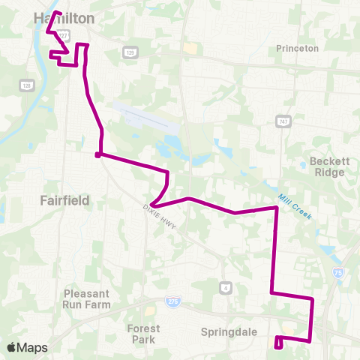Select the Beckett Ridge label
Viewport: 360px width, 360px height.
coord(328,166)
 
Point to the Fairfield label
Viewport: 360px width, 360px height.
coord(64,200)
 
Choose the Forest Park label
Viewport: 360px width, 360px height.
coord(143,334)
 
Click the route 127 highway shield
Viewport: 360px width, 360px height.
coord(64,34)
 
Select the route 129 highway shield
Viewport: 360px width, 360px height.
coord(130,52)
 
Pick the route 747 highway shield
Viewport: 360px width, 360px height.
coord(283,121)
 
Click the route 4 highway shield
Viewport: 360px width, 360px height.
coord(226,287)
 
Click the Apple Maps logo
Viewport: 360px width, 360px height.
coord(27,347)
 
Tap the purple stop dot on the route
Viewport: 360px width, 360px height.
coord(98,155)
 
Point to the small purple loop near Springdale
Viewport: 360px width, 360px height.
coord(278,343)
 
